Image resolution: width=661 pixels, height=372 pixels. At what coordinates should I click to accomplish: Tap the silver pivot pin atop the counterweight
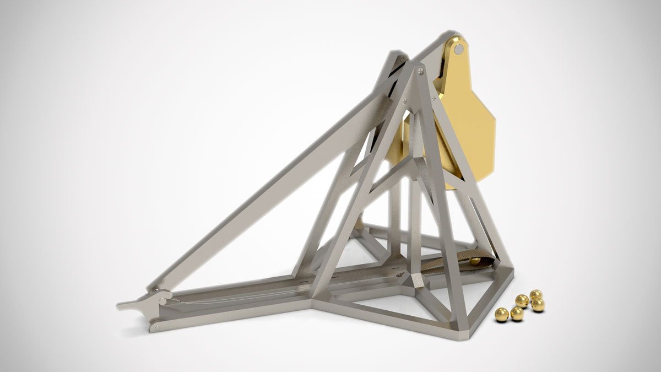click(x=458, y=49)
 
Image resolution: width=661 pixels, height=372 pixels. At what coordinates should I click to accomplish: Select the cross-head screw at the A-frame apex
click(x=421, y=70)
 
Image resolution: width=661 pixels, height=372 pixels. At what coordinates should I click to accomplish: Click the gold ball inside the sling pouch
click(x=474, y=260)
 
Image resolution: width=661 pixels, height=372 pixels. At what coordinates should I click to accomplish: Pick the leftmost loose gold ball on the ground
click(x=501, y=315)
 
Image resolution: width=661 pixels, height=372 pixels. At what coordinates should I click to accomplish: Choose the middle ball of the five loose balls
click(x=522, y=301)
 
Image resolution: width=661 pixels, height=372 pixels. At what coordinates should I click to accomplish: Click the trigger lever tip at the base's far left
click(x=122, y=305)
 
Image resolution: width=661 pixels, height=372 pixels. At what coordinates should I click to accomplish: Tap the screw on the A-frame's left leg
click(x=404, y=101)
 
